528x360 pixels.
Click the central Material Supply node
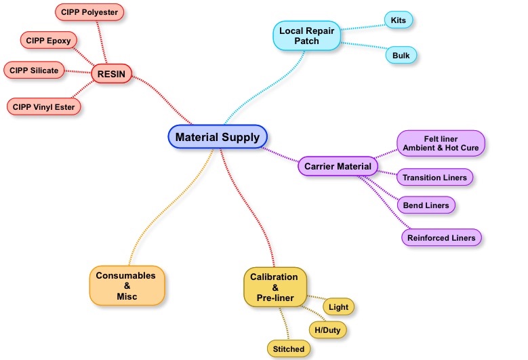click(x=218, y=137)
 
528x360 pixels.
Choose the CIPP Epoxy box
click(x=48, y=41)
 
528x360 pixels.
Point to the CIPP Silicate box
click(x=35, y=70)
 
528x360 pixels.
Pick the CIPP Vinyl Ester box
click(x=45, y=106)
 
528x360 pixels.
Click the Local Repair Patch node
click(x=306, y=36)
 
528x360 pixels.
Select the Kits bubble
click(x=398, y=20)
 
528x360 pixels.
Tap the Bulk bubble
click(x=401, y=54)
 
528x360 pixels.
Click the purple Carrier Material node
click(x=338, y=166)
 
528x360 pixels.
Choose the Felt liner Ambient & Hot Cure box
click(x=441, y=144)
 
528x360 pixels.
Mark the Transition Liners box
click(x=434, y=178)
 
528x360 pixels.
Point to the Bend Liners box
click(x=426, y=205)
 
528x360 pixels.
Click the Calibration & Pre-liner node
click(x=274, y=287)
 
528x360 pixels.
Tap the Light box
click(x=338, y=307)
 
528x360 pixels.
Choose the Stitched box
click(x=289, y=349)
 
